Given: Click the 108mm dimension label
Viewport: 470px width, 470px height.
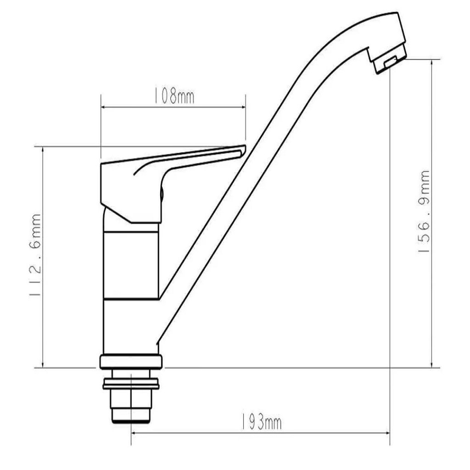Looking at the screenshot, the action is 174,96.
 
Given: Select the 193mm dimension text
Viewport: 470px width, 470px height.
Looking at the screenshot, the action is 261,423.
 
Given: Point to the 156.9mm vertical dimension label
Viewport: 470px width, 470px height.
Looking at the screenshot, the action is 424,211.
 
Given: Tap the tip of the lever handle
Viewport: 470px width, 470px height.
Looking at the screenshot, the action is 244,148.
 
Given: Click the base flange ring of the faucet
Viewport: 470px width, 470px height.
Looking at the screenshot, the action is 131,362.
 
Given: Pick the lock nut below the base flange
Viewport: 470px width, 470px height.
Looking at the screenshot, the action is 131,384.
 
